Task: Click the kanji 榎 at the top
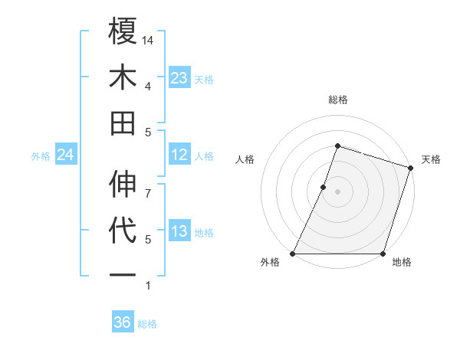click(123, 33)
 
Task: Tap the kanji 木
click(123, 78)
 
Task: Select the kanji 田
click(123, 123)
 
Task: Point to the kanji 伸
click(123, 185)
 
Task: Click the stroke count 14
click(149, 40)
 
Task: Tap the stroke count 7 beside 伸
click(149, 185)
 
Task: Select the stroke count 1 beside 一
click(149, 286)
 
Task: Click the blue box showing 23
click(179, 78)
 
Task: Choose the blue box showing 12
click(179, 155)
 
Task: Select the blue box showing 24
click(65, 155)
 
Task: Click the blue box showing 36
click(123, 322)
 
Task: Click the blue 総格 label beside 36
click(147, 324)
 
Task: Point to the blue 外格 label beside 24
click(41, 156)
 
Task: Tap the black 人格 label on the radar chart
click(245, 159)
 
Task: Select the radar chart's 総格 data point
click(337, 146)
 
